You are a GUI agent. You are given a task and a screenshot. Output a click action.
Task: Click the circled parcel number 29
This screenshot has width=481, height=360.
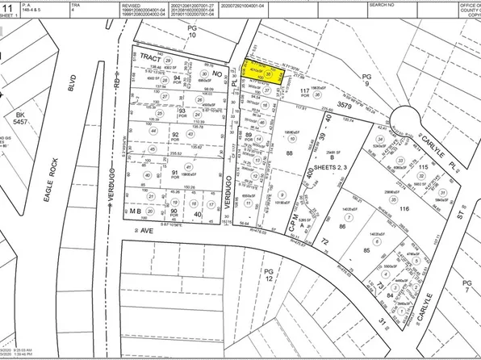coord(169,61)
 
